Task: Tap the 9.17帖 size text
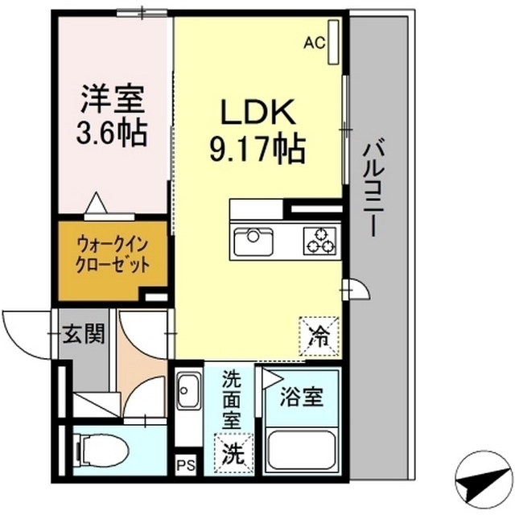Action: click(257, 150)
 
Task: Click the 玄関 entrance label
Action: click(84, 334)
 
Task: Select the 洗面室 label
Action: click(232, 398)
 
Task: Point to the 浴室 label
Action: click(303, 397)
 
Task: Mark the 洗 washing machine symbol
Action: click(231, 452)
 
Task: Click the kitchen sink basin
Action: click(253, 240)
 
